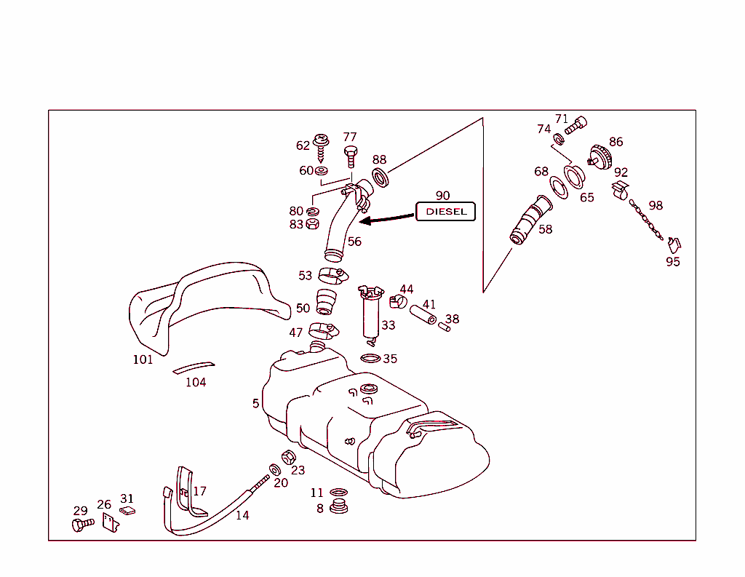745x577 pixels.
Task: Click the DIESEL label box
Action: [x=445, y=212]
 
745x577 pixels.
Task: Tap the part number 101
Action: [x=143, y=359]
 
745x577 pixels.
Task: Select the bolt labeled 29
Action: [x=82, y=524]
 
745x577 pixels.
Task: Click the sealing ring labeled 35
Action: [x=370, y=358]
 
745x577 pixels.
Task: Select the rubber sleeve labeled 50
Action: [x=327, y=301]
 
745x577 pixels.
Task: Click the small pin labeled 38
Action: [x=444, y=325]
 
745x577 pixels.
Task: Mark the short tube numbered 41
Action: [x=423, y=314]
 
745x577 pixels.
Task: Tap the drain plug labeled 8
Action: [x=338, y=505]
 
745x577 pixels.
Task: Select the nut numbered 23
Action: [x=287, y=458]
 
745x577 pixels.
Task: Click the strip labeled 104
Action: [x=194, y=367]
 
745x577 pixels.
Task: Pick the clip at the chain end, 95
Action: [x=674, y=244]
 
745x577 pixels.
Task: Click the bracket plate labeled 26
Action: [x=110, y=522]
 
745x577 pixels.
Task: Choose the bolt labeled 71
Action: [x=575, y=125]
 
